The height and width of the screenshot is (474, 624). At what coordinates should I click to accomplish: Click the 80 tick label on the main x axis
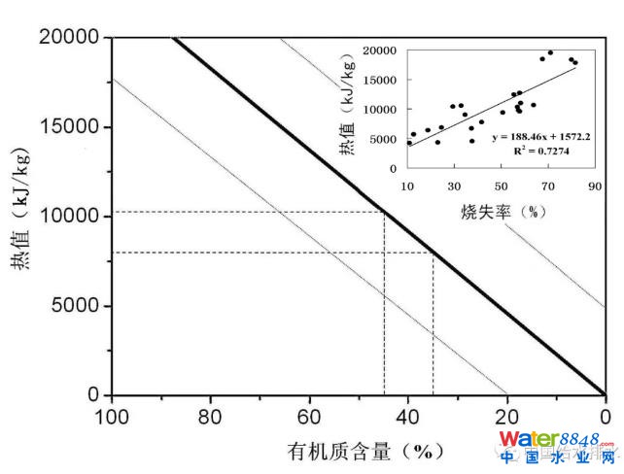(x=211, y=416)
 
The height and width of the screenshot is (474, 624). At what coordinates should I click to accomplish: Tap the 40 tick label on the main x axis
(x=408, y=416)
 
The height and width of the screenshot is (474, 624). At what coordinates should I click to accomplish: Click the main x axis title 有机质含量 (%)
(x=359, y=451)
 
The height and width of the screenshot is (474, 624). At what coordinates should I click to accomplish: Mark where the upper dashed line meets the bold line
(x=384, y=212)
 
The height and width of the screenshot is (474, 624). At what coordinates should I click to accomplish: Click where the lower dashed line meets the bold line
(x=433, y=253)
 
